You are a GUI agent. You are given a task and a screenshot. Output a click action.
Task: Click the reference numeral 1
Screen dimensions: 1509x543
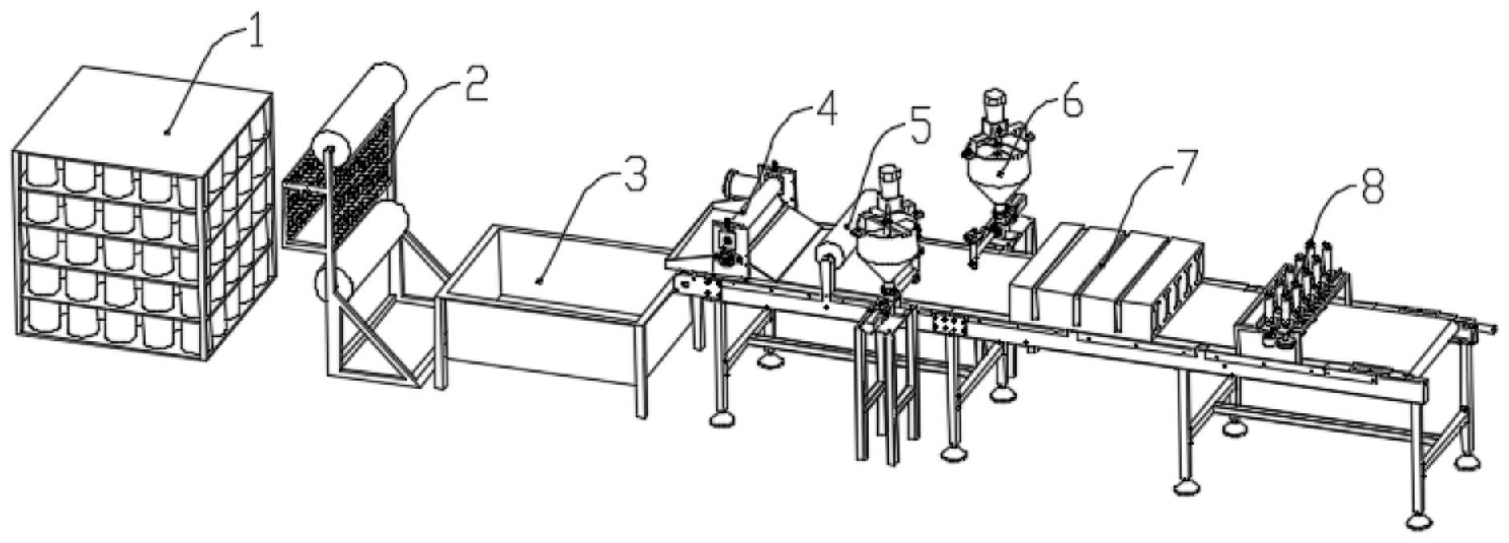click(255, 34)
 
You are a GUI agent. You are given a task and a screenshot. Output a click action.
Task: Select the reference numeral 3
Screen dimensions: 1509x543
click(634, 174)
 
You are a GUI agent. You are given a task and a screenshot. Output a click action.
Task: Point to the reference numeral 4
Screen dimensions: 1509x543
click(825, 109)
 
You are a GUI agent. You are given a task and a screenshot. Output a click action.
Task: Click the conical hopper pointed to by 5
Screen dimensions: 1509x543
click(885, 256)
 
